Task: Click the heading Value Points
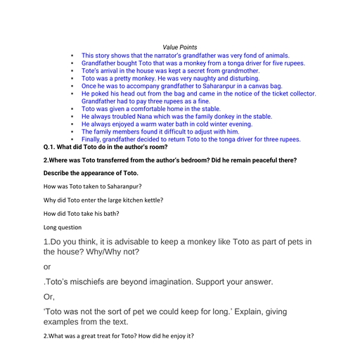(x=180, y=47)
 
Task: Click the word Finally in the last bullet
(x=93, y=139)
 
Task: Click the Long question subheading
(x=63, y=227)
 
